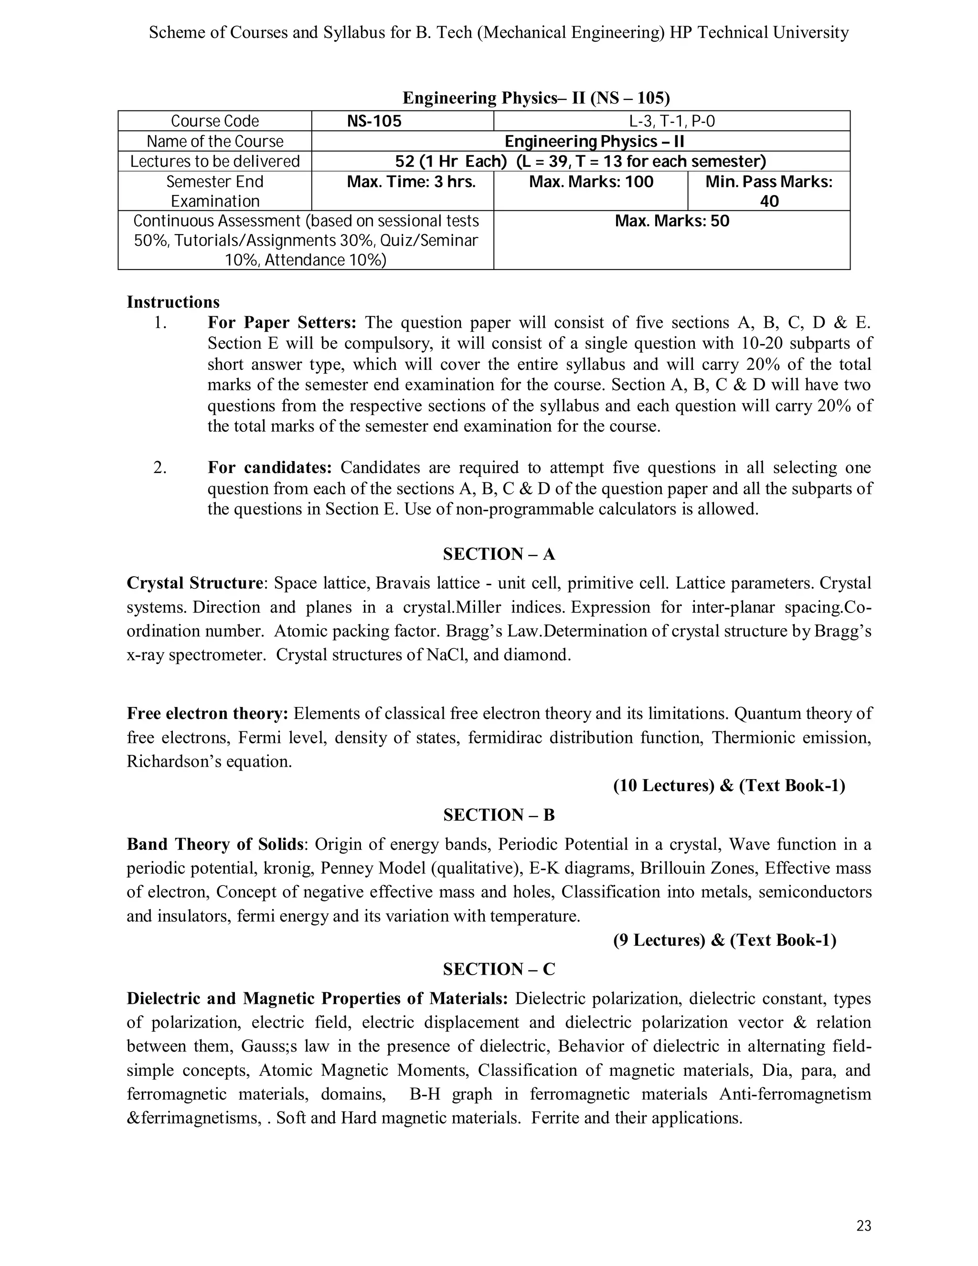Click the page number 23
(863, 1225)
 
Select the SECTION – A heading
(499, 554)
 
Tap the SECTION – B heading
(499, 815)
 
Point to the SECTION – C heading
(499, 969)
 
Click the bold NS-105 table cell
(374, 121)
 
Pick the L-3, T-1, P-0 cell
(672, 121)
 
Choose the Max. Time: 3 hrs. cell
(411, 182)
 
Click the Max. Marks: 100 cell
(591, 182)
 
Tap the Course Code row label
(215, 121)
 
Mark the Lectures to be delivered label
(215, 161)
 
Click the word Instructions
(173, 302)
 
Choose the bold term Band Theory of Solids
(215, 844)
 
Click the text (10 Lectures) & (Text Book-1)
(729, 785)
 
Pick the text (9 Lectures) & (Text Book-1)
(724, 940)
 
